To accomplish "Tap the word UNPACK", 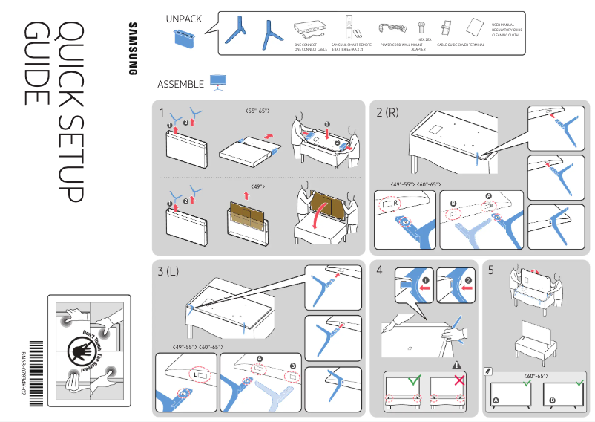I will tap(182, 19).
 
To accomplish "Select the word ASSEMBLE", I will tap(180, 84).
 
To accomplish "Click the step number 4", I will tap(379, 271).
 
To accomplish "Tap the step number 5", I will tap(491, 271).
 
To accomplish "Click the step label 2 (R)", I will tap(387, 113).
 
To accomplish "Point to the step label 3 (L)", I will tap(168, 271).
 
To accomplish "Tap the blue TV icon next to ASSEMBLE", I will tap(218, 82).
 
